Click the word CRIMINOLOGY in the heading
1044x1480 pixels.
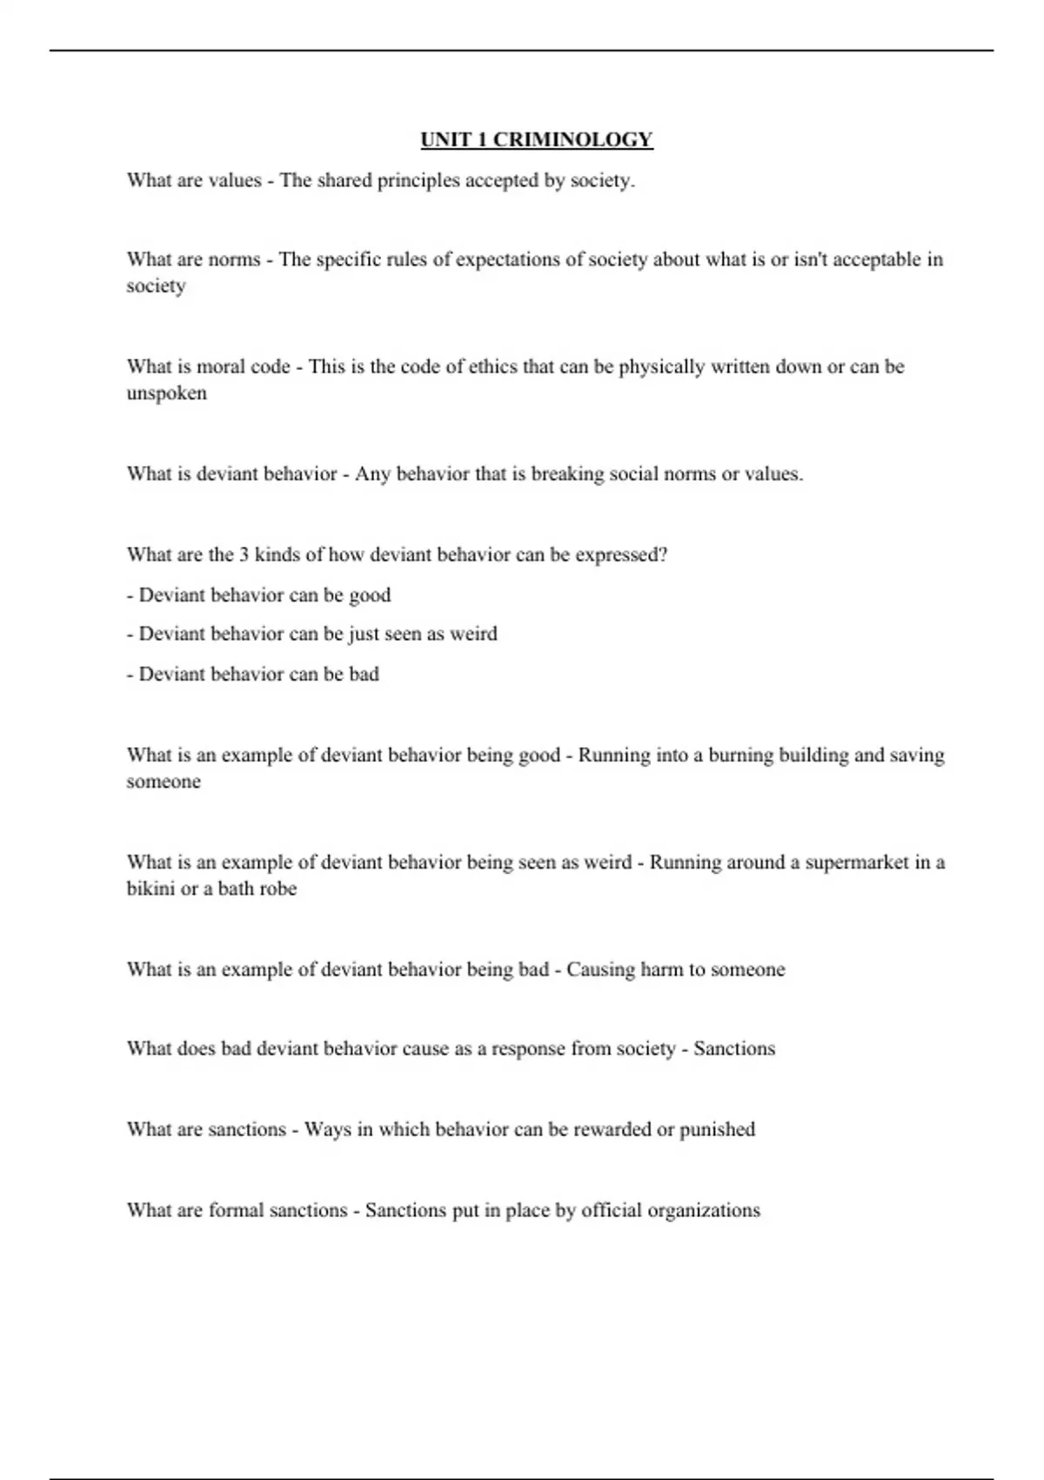pos(573,140)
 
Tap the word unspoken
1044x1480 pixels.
pos(166,394)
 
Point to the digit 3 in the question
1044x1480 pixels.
pos(244,555)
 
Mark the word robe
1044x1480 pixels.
pos(278,889)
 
